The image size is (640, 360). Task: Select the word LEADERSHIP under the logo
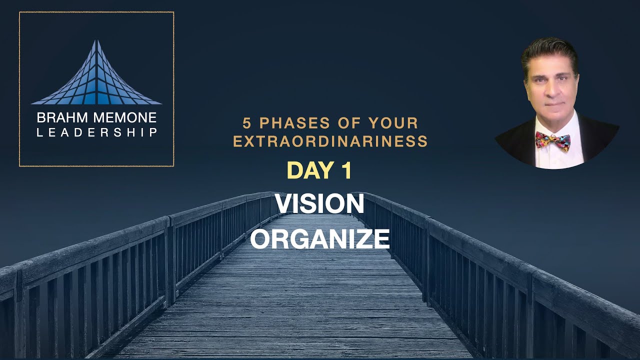click(x=96, y=132)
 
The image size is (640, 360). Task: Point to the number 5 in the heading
click(x=246, y=122)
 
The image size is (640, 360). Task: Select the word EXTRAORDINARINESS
click(x=330, y=141)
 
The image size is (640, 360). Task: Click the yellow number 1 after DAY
click(x=346, y=171)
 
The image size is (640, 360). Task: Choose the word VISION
click(x=319, y=204)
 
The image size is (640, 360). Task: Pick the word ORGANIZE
click(x=319, y=238)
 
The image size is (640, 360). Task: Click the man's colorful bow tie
click(x=552, y=140)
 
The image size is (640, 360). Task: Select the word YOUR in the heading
click(x=393, y=122)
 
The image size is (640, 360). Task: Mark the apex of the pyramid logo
click(x=96, y=41)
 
